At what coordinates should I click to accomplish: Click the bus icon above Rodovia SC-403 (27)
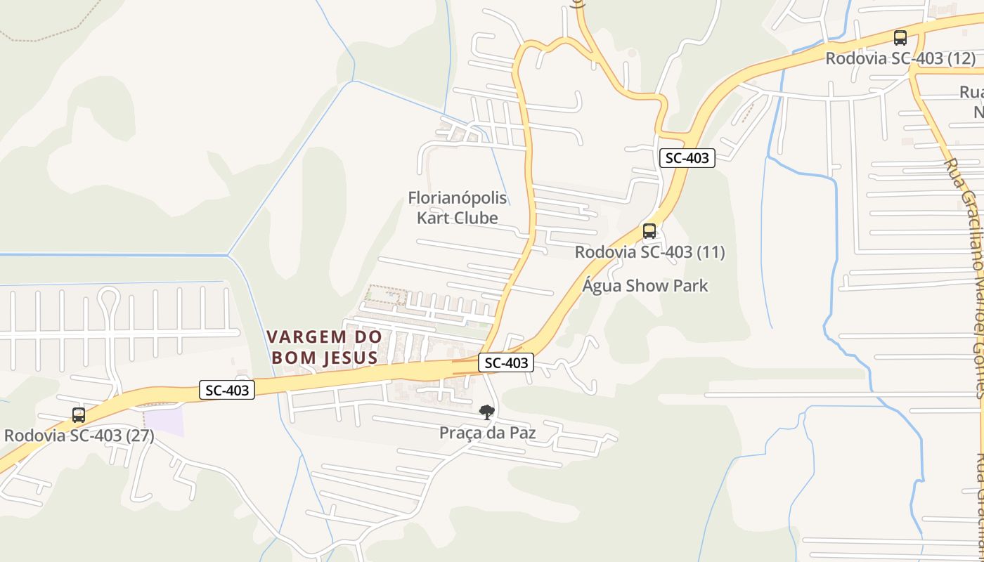(x=79, y=415)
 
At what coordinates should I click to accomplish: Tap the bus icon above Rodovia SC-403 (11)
(x=649, y=231)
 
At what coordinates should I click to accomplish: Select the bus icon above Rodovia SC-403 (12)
(x=900, y=38)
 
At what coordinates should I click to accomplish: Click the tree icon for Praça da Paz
(x=486, y=412)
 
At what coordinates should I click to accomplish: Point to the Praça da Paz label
(x=487, y=433)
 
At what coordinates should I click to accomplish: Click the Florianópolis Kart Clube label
(x=458, y=208)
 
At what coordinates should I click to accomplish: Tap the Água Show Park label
(x=645, y=286)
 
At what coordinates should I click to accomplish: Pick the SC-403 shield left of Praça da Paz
(x=227, y=390)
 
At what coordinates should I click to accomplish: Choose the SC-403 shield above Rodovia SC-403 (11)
(x=687, y=158)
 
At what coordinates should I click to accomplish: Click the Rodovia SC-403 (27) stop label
(x=79, y=436)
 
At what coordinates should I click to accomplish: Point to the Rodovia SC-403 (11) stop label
(x=649, y=251)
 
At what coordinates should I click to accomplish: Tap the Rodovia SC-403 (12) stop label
(x=900, y=58)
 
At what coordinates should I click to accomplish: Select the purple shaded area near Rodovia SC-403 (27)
(x=163, y=421)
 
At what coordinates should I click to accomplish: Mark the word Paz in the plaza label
(x=522, y=433)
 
